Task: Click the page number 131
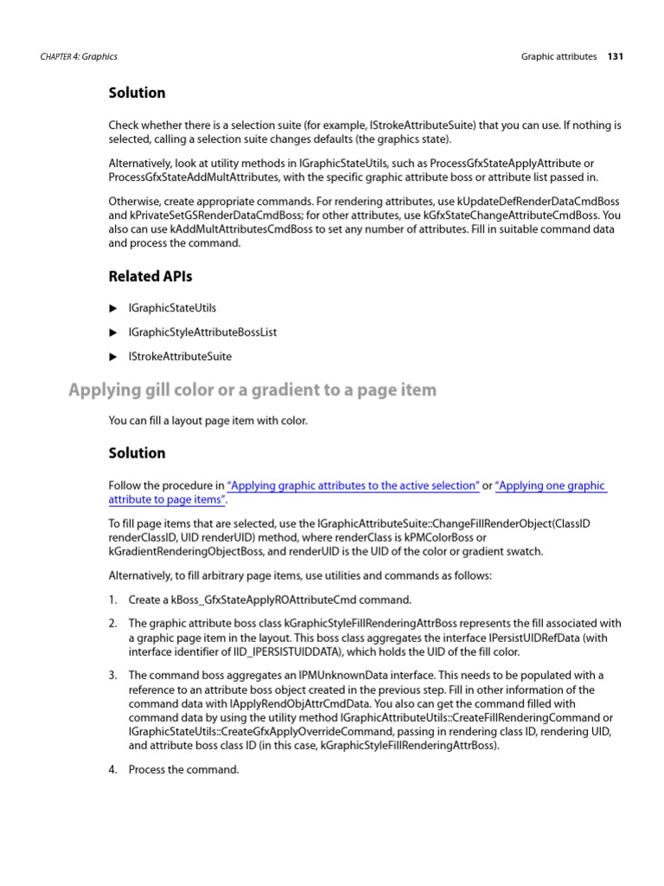coord(615,56)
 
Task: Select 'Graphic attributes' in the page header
coord(559,56)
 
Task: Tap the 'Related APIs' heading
coord(150,277)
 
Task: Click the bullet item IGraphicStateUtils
coord(172,308)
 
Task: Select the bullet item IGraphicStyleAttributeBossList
coord(202,332)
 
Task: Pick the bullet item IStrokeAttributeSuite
coord(180,356)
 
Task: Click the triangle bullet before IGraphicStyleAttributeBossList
coord(112,332)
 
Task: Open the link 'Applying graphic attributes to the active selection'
coord(353,486)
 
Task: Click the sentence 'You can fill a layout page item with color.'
coord(207,421)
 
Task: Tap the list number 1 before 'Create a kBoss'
coord(112,600)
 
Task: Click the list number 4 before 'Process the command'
coord(112,769)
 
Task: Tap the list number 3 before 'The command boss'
coord(112,675)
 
